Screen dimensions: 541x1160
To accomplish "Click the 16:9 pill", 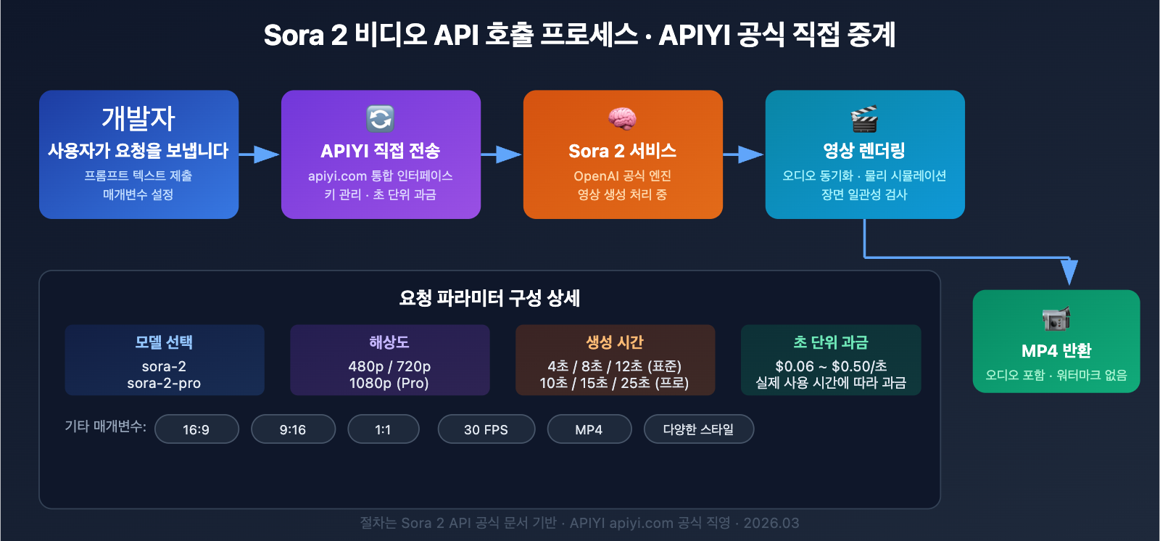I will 196,429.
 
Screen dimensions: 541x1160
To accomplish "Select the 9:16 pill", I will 293,429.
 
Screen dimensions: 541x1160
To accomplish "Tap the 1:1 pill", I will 383,429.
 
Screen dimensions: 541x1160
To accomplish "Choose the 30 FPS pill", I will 486,429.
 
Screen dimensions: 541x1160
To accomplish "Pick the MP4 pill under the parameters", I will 589,429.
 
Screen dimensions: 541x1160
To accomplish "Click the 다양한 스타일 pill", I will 698,429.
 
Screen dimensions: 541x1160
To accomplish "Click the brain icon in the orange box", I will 622,118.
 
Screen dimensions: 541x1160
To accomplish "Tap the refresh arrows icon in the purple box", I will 380,118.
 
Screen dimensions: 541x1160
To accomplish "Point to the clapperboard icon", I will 864,119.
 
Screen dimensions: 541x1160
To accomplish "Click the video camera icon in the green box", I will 1056,318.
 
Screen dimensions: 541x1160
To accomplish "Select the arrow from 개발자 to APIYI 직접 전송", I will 259,154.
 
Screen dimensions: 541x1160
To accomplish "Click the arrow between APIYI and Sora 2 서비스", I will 501,154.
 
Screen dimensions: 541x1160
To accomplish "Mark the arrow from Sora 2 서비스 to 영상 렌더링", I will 743,154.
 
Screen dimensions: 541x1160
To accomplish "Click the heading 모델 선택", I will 164,342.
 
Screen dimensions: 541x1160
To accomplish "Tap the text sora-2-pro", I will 164,383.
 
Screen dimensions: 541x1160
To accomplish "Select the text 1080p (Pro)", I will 389,383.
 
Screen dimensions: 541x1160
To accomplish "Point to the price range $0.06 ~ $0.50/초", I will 831,366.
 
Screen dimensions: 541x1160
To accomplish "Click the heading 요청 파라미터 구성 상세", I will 489,298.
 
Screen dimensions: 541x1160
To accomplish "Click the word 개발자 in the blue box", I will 138,118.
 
